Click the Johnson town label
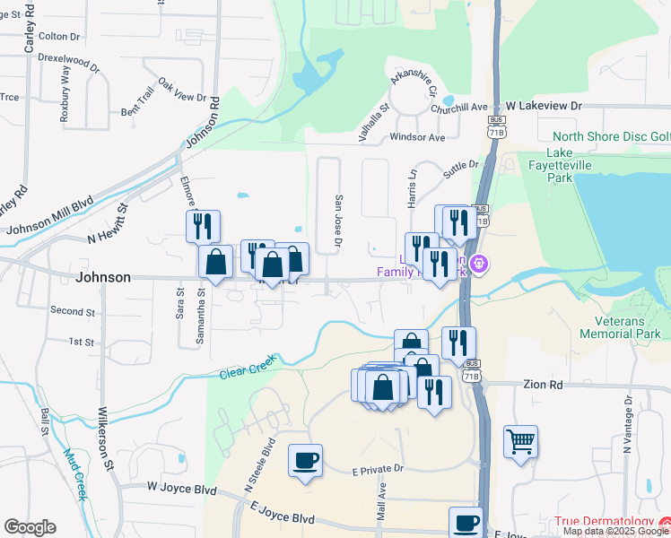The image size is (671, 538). (x=103, y=277)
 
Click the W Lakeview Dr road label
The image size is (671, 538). (x=545, y=106)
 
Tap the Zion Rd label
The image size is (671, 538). (x=544, y=384)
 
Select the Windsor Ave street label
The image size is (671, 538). (x=417, y=138)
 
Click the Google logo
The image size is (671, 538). (x=30, y=527)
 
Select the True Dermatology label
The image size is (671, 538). (x=606, y=522)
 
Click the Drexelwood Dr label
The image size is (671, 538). (x=69, y=62)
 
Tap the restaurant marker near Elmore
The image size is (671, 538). (x=203, y=225)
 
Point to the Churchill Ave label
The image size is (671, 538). (x=458, y=108)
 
